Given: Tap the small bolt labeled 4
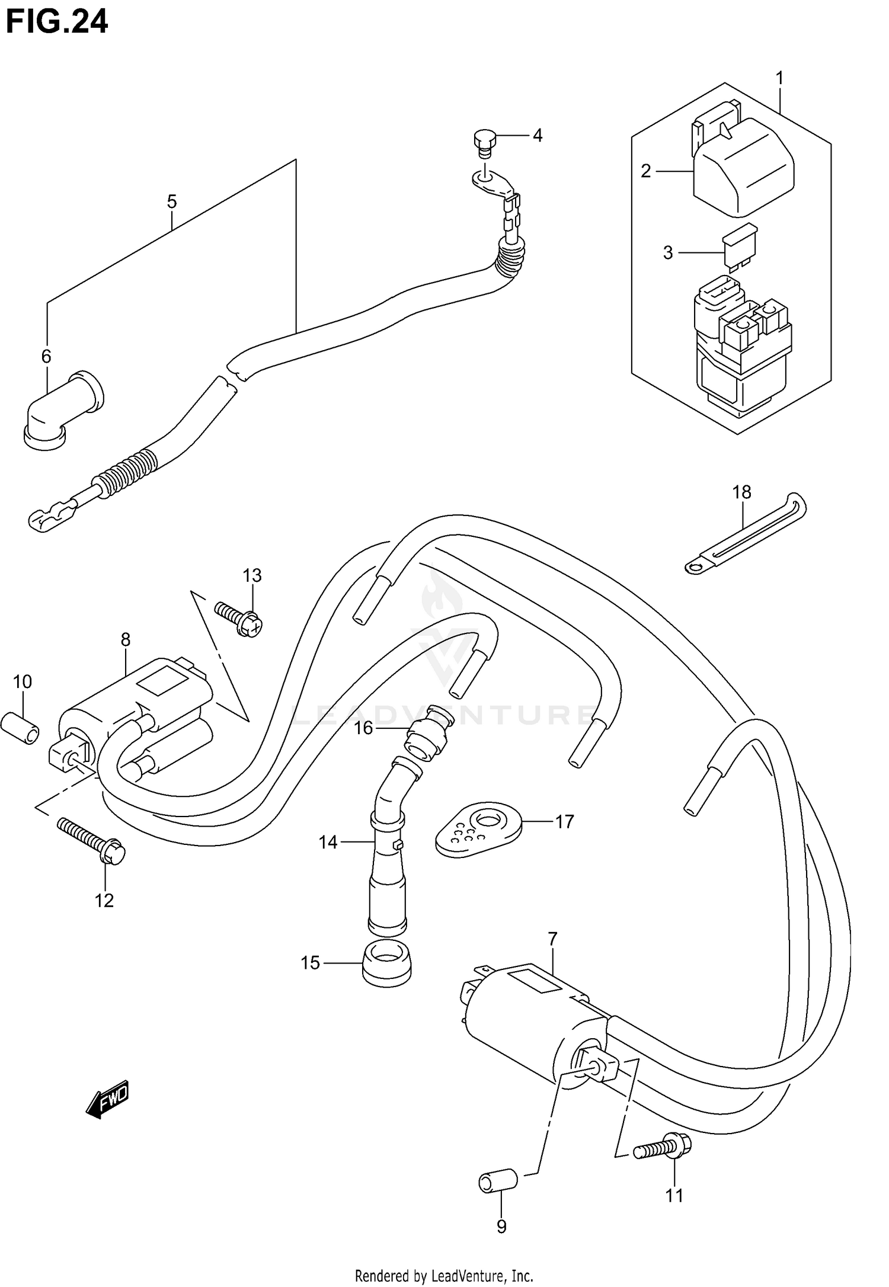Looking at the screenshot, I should pos(484,143).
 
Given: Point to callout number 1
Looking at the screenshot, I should pos(780,78).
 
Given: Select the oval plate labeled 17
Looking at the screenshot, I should pos(479,828).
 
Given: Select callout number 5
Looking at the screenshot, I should pos(171,202).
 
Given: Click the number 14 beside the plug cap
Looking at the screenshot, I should pos(328,841).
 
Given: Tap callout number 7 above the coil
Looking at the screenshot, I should pos(552,939).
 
